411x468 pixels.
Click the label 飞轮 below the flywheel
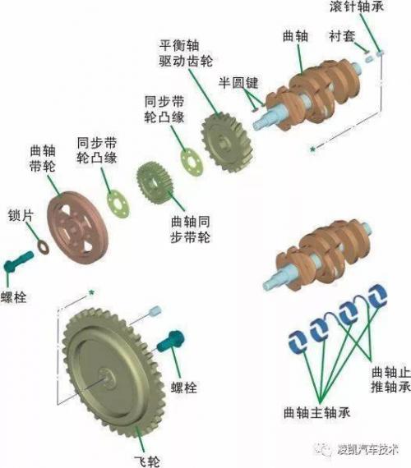[x=147, y=461]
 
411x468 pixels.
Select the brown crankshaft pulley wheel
[x=76, y=227]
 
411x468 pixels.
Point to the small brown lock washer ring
[x=44, y=247]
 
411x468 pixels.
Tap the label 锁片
[x=21, y=215]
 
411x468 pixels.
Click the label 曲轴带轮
[x=43, y=158]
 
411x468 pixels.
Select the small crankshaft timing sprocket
[x=155, y=182]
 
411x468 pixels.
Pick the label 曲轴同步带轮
[x=191, y=230]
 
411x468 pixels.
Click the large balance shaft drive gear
[x=228, y=142]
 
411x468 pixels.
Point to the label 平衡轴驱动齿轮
[x=186, y=53]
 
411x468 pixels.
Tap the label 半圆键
[x=238, y=83]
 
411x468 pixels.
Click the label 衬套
[x=342, y=36]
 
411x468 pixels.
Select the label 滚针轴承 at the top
[x=357, y=7]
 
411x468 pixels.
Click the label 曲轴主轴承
[x=316, y=413]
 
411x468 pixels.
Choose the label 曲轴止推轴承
[x=390, y=379]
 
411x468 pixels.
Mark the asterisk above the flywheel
[x=91, y=293]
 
